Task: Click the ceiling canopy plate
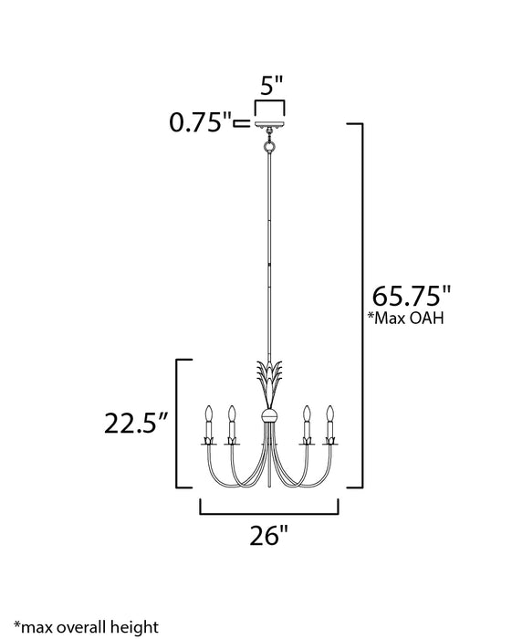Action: click(269, 123)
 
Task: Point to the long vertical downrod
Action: click(269, 256)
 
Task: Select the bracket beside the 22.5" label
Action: click(176, 424)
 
